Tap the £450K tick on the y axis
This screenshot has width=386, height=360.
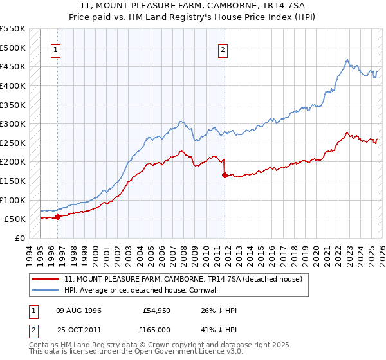tap(13, 67)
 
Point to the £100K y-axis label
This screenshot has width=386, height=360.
tap(13, 200)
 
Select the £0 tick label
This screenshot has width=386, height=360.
tap(21, 238)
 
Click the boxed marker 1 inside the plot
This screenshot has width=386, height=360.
tap(56, 50)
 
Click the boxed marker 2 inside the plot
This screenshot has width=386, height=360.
tap(223, 50)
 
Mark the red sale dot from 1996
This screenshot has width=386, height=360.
tap(58, 217)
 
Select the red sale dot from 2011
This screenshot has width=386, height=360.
tap(224, 175)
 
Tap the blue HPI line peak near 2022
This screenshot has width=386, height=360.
tap(347, 60)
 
